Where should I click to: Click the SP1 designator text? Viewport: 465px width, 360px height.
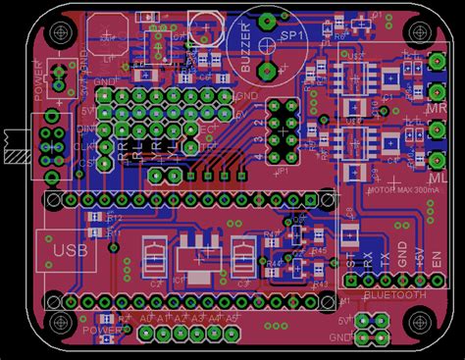tap(291, 35)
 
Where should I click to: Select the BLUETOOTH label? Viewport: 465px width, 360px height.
tap(395, 294)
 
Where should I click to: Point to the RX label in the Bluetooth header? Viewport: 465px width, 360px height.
tap(366, 260)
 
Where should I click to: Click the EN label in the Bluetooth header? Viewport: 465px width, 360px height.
tap(439, 260)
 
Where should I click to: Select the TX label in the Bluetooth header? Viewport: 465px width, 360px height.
tap(384, 260)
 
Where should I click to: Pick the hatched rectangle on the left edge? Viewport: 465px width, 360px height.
tap(15, 145)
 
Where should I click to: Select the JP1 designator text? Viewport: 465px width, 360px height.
tap(283, 170)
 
